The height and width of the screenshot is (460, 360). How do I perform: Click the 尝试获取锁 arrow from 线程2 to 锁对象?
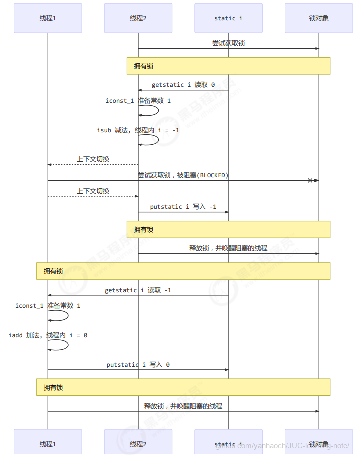pyautogui.click(x=228, y=49)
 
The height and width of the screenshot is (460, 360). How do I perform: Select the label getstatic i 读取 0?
pyautogui.click(x=183, y=85)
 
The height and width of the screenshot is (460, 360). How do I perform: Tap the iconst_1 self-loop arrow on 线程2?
pyautogui.click(x=155, y=110)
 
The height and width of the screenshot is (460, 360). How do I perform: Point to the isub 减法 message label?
pyautogui.click(x=138, y=130)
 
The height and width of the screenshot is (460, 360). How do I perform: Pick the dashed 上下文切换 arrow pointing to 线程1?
pyautogui.click(x=93, y=164)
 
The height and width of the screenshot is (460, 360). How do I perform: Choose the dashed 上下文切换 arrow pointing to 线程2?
pyautogui.click(x=93, y=196)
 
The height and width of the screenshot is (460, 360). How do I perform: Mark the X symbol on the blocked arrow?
pyautogui.click(x=310, y=180)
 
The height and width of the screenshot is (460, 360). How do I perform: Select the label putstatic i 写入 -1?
pyautogui.click(x=183, y=207)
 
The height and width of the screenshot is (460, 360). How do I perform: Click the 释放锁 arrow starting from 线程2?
pyautogui.click(x=228, y=254)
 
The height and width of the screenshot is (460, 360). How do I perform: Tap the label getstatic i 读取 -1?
pyautogui.click(x=138, y=290)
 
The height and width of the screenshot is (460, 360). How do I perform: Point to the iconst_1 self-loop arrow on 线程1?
pyautogui.click(x=64, y=315)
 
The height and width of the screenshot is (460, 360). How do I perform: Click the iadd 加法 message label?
pyautogui.click(x=48, y=335)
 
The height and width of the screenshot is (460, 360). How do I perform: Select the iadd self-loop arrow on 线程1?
pyautogui.click(x=64, y=345)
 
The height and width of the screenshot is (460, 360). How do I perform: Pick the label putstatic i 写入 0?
pyautogui.click(x=138, y=365)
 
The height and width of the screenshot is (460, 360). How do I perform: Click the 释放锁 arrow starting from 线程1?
pyautogui.click(x=183, y=411)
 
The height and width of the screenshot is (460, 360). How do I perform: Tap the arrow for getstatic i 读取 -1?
pyautogui.click(x=138, y=295)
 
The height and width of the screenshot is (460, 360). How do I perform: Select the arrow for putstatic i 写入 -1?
pyautogui.click(x=183, y=212)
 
